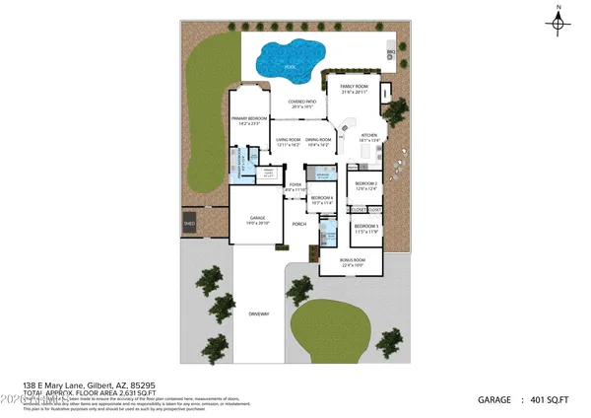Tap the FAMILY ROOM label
pyautogui.click(x=354, y=88)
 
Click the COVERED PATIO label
pyautogui.click(x=301, y=103)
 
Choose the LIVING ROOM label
pyautogui.click(x=288, y=140)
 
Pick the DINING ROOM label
pyautogui.click(x=318, y=140)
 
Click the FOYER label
pyautogui.click(x=295, y=185)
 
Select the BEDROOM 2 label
pyautogui.click(x=366, y=184)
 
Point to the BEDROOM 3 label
pyautogui.click(x=366, y=228)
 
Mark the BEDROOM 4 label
pyautogui.click(x=322, y=198)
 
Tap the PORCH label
pyautogui.click(x=299, y=224)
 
